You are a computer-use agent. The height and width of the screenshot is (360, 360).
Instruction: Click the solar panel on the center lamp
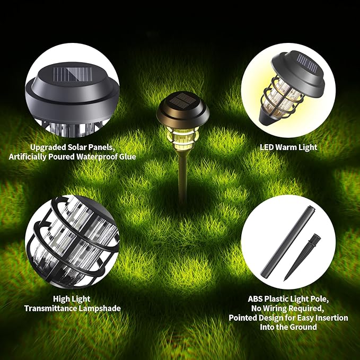coord(182,100)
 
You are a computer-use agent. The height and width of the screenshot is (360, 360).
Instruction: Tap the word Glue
coord(126,156)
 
